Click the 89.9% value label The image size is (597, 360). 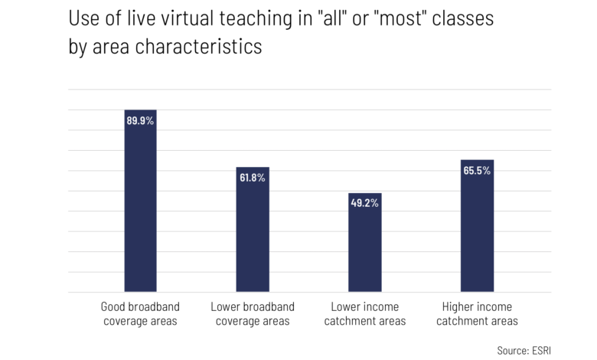point(141,120)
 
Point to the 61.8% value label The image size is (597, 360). point(253,178)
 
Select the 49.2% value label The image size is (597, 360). point(365,204)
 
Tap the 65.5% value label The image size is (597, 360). point(477,171)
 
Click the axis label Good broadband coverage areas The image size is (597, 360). point(140,314)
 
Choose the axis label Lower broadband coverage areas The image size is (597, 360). point(253,314)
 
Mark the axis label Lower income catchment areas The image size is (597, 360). point(365,314)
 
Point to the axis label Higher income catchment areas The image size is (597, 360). point(477,314)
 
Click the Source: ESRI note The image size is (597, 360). point(524,349)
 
